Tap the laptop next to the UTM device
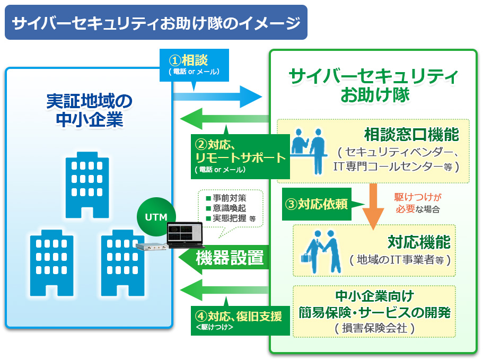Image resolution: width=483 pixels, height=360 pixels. [184, 235]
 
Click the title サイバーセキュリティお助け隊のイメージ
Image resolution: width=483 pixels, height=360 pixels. [156, 23]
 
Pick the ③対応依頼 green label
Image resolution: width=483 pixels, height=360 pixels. [317, 204]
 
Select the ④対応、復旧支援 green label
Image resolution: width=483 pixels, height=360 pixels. [241, 319]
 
